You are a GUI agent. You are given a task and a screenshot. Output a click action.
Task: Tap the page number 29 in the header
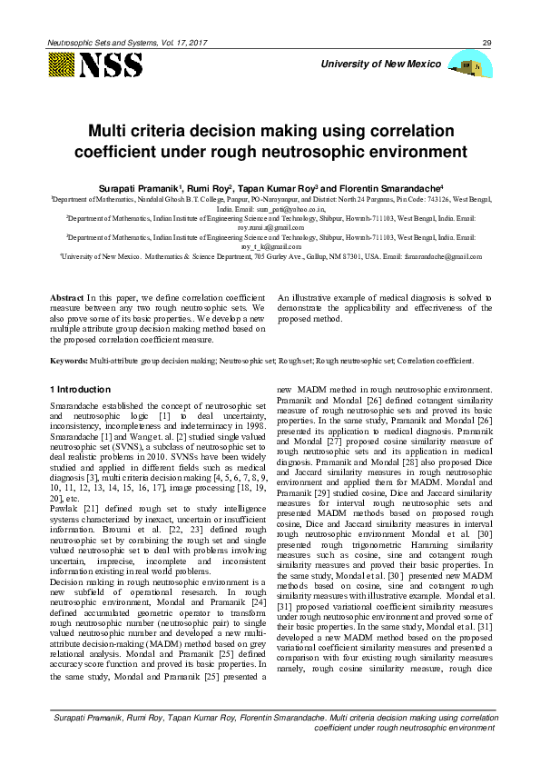click(486, 43)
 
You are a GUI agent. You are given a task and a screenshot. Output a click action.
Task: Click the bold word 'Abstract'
click(66, 297)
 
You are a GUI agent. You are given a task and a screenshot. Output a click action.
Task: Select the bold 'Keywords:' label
click(69, 361)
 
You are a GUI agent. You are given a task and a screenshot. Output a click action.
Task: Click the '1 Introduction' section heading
click(81, 389)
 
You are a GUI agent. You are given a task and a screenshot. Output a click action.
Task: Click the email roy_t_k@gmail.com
click(270, 245)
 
